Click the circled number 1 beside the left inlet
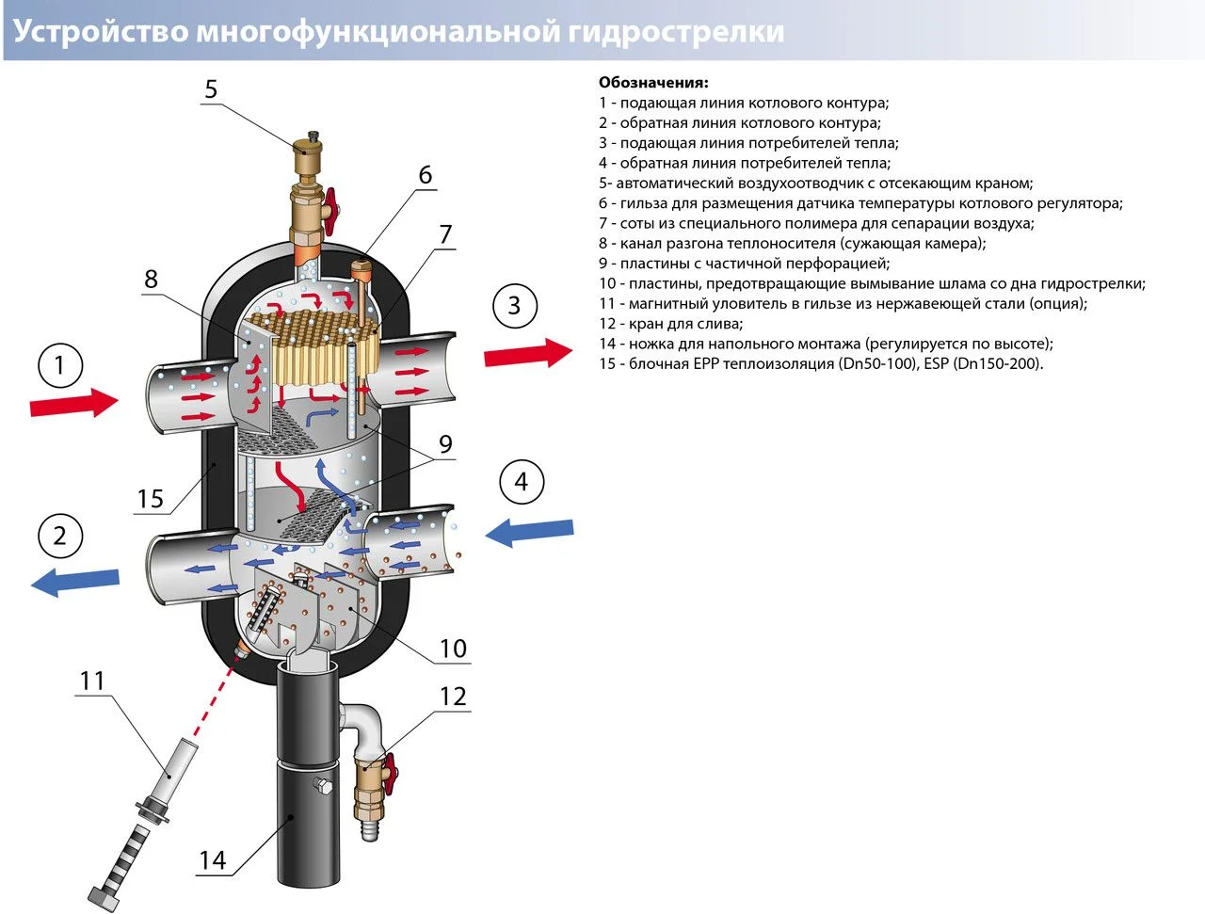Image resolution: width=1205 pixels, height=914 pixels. [x=61, y=365]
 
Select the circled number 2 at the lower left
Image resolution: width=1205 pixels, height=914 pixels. [x=61, y=536]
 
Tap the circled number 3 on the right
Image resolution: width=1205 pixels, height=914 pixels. [x=514, y=305]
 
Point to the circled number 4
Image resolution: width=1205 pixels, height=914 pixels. [x=522, y=482]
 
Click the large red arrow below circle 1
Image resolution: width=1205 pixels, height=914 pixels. [x=73, y=404]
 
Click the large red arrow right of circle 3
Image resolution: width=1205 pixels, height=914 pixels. [x=527, y=354]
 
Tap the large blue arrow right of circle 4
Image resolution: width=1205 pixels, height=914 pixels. [x=529, y=532]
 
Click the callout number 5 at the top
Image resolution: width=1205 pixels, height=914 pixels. [x=211, y=89]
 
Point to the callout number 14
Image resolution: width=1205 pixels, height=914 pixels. [x=213, y=860]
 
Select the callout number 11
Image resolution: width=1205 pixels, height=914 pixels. [x=92, y=680]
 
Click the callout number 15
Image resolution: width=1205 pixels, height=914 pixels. [x=151, y=499]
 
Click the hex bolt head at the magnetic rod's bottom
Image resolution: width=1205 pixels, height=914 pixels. [x=103, y=896]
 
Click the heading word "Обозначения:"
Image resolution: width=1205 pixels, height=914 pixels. [x=653, y=83]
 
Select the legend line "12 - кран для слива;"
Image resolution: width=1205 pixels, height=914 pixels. [x=670, y=324]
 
